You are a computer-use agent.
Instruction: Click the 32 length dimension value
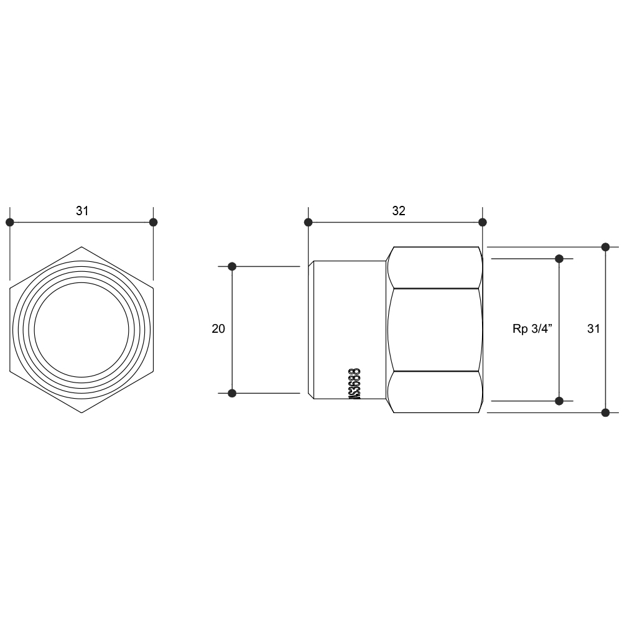coord(399,211)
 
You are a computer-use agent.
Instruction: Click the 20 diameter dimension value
coord(218,328)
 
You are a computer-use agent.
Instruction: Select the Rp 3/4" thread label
coord(532,328)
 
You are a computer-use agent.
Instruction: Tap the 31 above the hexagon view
coord(82,211)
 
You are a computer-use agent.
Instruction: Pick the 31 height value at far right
coord(593,328)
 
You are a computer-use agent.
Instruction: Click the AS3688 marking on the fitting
coord(355,384)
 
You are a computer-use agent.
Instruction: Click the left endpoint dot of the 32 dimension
coord(309,222)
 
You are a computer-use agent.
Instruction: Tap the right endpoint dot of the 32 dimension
coord(483,222)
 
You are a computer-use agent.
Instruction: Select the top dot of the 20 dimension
coord(233,267)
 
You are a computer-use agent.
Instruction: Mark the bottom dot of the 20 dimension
coord(233,393)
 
